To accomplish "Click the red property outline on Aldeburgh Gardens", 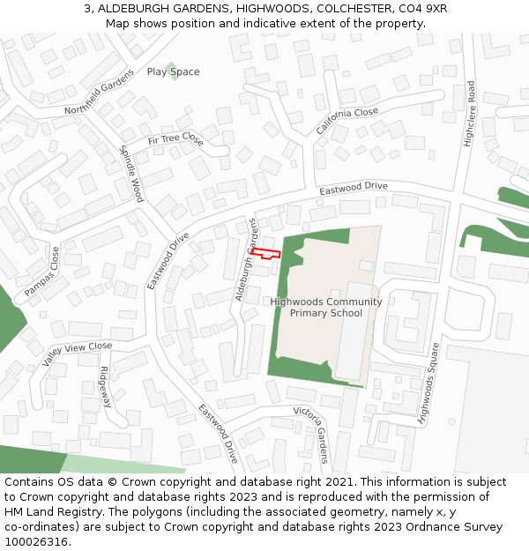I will tap(265, 254).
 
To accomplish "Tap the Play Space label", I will tap(173, 72).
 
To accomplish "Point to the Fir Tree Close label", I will tap(175, 141).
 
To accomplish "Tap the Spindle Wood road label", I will tap(131, 173).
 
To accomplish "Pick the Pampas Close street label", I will tap(42, 271).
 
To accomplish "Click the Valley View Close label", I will tap(78, 354).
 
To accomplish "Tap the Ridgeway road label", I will tap(106, 387).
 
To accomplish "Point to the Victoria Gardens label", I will tap(310, 434).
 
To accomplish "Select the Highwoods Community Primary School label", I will tap(326, 307).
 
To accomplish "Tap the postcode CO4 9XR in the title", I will tap(423, 8).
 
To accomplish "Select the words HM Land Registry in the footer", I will tap(47, 511).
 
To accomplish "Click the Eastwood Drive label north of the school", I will tap(354, 188).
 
